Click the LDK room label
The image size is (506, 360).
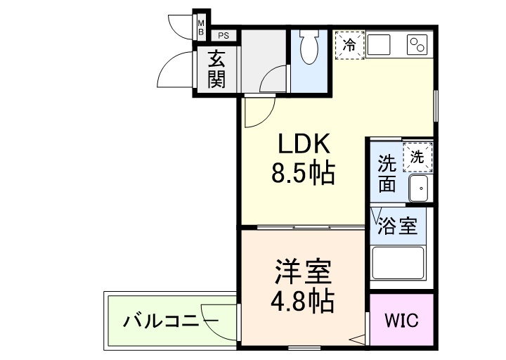coord(304,144)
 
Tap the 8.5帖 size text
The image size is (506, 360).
coord(304,172)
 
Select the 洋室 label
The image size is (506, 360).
coord(303,271)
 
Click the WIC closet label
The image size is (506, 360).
coord(401,320)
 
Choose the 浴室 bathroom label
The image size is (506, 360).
coord(398,226)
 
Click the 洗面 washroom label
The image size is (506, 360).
coord(387,174)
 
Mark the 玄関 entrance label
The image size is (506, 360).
coord(216,69)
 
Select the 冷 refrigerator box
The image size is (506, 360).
coord(349,45)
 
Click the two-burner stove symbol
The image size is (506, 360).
coord(417,45)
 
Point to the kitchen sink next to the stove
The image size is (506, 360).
coord(384,45)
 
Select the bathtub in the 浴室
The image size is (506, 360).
coord(398,263)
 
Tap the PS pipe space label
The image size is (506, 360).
coord(223,35)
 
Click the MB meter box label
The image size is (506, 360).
coord(200,28)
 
